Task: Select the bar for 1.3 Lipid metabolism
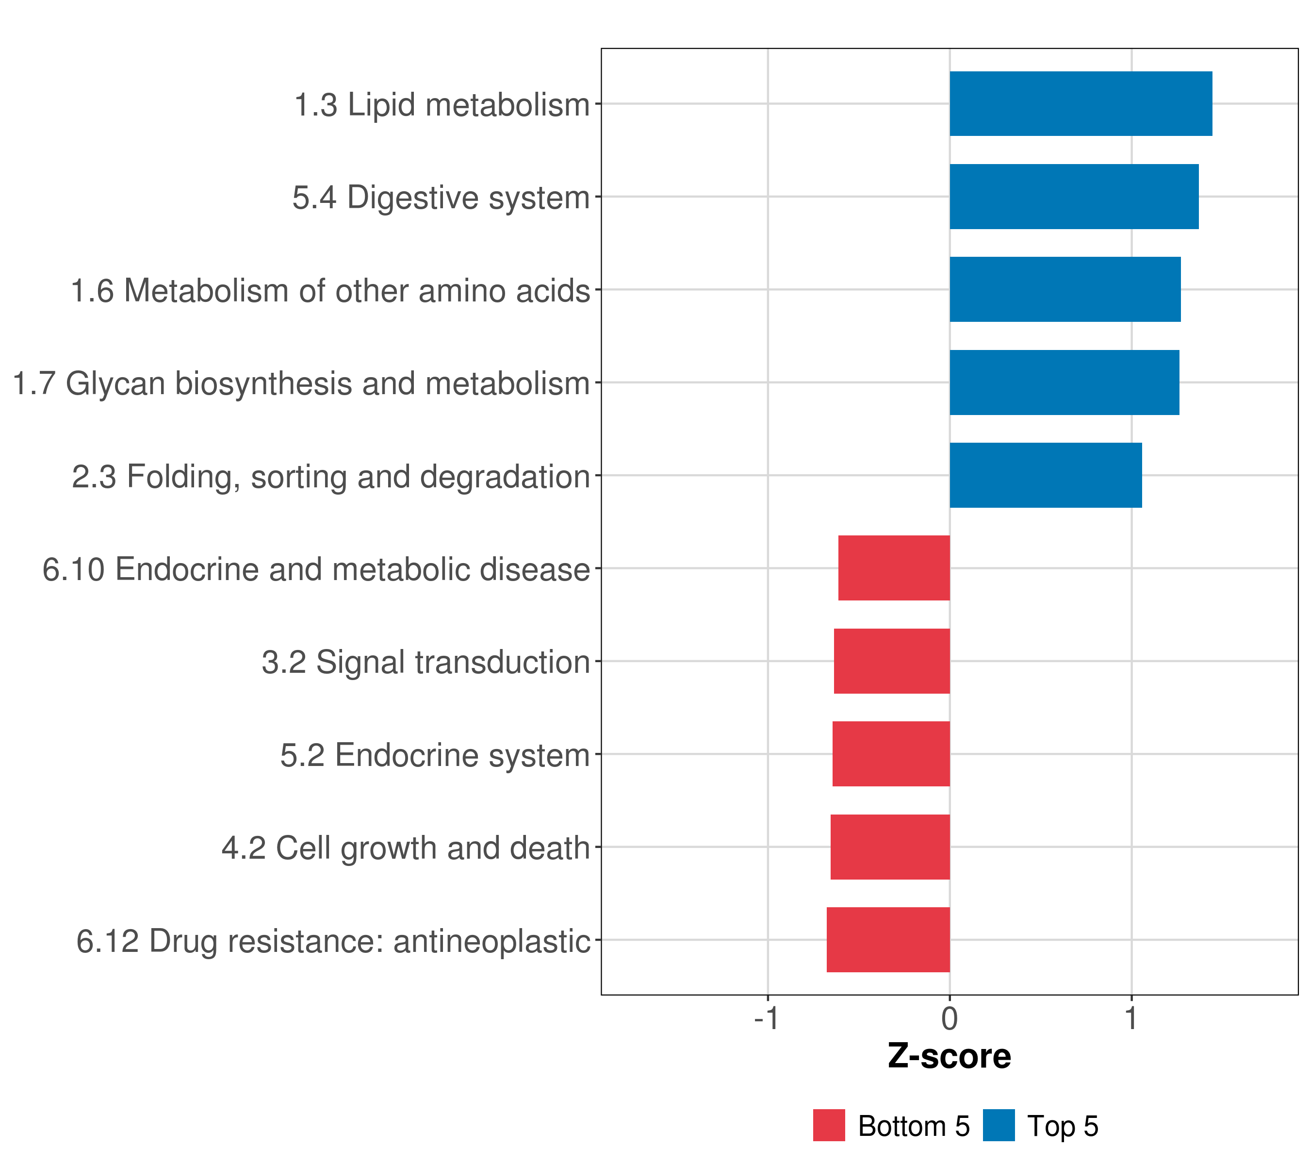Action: click(x=1081, y=104)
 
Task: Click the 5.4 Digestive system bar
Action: click(x=1074, y=197)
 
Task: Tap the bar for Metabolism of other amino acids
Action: click(x=1065, y=289)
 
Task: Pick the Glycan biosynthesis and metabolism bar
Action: click(x=1064, y=383)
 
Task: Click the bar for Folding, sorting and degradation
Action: click(x=1046, y=475)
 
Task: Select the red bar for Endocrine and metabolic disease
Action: click(x=894, y=568)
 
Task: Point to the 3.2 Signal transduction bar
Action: click(x=891, y=661)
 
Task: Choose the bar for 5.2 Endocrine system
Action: click(x=891, y=754)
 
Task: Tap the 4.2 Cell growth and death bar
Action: click(x=890, y=847)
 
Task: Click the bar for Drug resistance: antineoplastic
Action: click(x=888, y=940)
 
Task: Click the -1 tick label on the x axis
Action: click(x=767, y=1018)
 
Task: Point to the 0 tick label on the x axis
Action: click(x=950, y=1018)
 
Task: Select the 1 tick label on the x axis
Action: click(x=1131, y=1018)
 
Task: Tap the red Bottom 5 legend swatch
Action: click(x=829, y=1125)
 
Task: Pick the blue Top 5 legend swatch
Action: click(x=999, y=1125)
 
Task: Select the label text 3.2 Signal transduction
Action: click(x=426, y=662)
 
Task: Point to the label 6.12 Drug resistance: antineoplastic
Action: click(x=333, y=941)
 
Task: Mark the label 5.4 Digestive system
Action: click(x=442, y=198)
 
